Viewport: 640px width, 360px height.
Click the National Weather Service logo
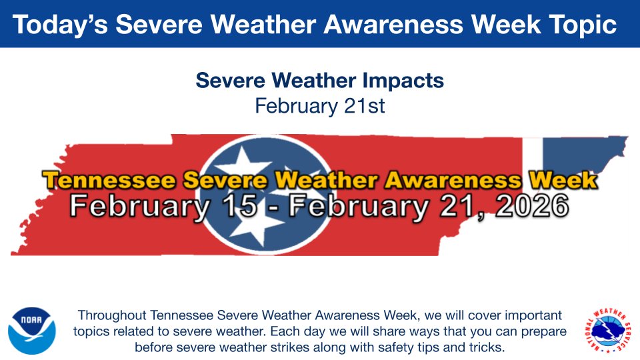click(607, 329)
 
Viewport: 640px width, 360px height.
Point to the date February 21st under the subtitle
click(320, 105)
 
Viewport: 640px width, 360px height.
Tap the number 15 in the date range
click(235, 207)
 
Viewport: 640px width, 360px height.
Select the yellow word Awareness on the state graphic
click(453, 180)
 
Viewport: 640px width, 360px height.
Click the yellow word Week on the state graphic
click(562, 180)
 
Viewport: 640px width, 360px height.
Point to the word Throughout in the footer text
click(112, 315)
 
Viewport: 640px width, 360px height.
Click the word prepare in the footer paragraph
click(545, 331)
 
